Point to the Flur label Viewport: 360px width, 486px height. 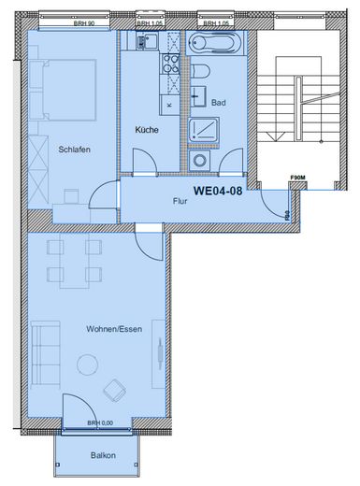click(x=180, y=200)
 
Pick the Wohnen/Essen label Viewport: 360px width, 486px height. click(x=114, y=330)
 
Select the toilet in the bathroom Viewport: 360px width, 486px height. click(x=199, y=73)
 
